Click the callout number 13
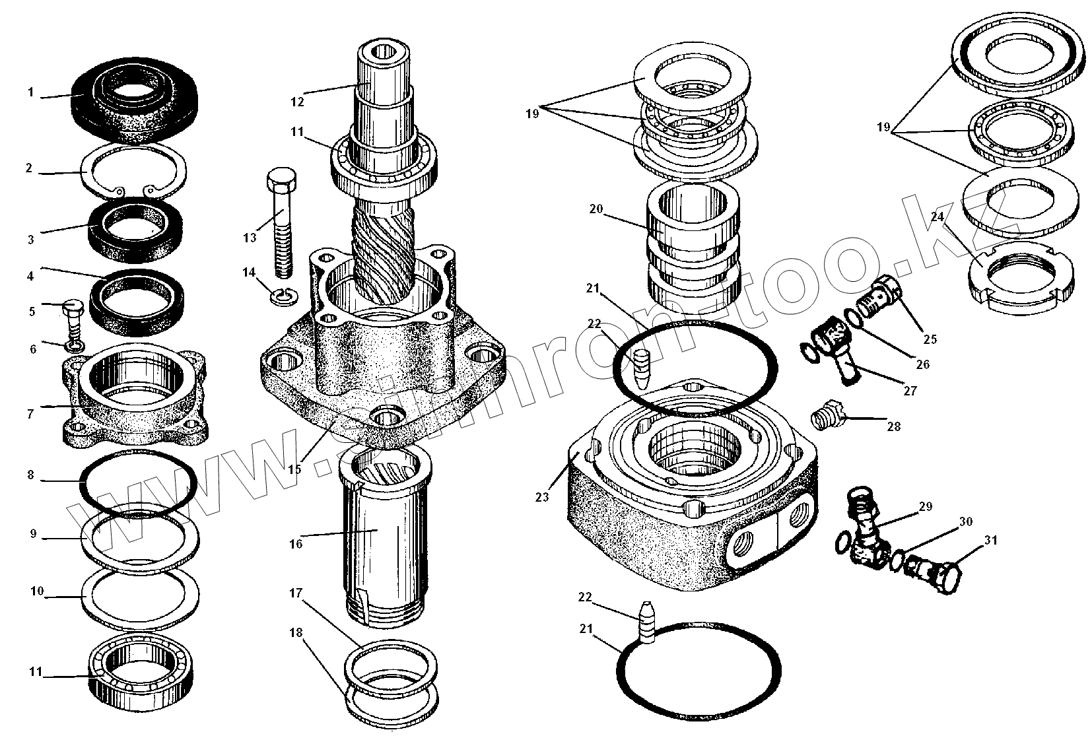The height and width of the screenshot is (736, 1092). (249, 238)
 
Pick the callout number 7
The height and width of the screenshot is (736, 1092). (30, 414)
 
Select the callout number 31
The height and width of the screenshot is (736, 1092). (991, 541)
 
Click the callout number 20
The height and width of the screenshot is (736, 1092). (596, 209)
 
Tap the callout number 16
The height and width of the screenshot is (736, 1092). (295, 544)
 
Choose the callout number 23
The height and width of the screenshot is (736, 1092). (542, 497)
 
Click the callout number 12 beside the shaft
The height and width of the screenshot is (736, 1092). (296, 102)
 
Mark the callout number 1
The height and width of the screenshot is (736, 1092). (30, 92)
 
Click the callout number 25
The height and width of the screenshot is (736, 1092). (930, 339)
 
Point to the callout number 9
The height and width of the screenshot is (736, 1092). (33, 533)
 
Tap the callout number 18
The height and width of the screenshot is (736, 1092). (295, 632)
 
